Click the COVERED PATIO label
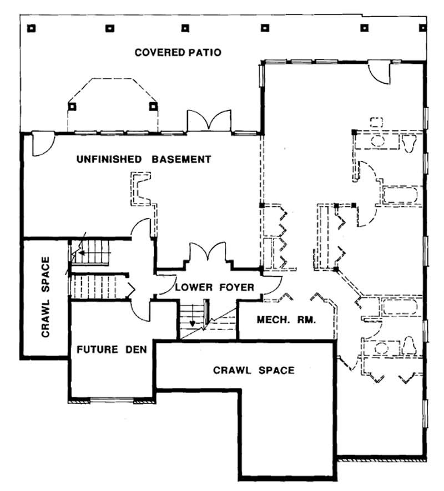(x=178, y=53)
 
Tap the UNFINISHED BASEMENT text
(x=143, y=160)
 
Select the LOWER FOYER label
(x=214, y=287)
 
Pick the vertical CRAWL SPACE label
(x=46, y=297)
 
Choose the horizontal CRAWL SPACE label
(x=254, y=370)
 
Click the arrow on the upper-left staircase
(x=81, y=253)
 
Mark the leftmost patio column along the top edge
(x=32, y=27)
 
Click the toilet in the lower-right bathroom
(x=410, y=345)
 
